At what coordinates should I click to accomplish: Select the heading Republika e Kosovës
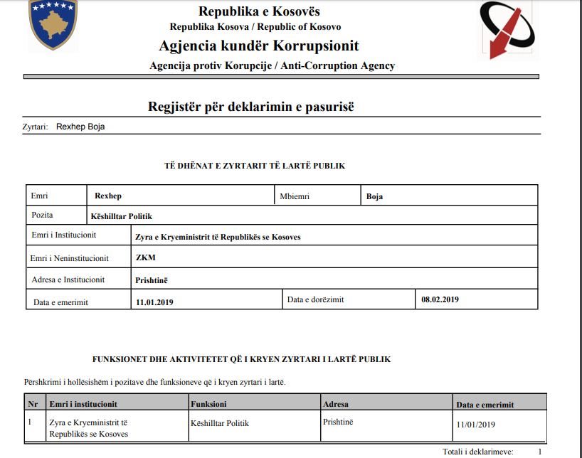pos(259,11)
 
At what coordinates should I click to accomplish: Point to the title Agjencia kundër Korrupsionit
pos(259,46)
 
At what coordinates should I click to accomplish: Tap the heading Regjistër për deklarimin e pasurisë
pos(250,107)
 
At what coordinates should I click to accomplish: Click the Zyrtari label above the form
pos(35,127)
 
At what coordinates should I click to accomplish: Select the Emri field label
pos(40,196)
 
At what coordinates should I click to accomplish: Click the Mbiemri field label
pos(295,196)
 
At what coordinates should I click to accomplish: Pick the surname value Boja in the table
pos(374,196)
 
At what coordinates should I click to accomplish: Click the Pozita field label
pos(42,215)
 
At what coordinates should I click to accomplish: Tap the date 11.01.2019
pos(154,302)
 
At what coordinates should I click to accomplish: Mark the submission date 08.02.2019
pos(440,299)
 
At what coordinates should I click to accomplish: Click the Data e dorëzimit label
pos(315,299)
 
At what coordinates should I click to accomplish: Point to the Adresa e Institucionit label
pos(68,279)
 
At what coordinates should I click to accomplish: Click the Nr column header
pos(32,404)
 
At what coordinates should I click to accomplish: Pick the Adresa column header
pos(336,404)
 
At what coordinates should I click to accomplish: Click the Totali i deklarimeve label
pos(477,452)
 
